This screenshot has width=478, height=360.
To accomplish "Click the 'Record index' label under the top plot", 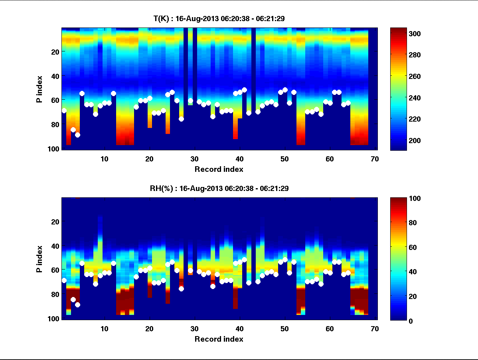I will coord(219,169).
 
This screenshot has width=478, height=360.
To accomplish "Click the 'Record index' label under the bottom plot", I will coord(219,339).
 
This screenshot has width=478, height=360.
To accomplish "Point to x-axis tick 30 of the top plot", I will coord(194,159).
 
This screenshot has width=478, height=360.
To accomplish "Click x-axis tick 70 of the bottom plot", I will coord(375,329).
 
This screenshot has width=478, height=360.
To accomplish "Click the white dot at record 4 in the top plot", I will coord(77,135).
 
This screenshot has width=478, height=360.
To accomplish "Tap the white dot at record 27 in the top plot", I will coord(181,119).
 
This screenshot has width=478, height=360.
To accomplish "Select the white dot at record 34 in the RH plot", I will coord(213,286).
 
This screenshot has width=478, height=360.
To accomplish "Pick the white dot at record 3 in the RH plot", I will coord(73,299).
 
